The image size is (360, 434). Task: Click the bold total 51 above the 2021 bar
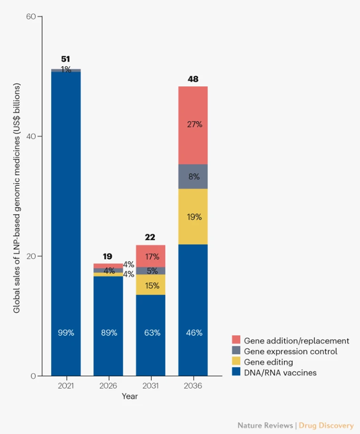[x=66, y=59]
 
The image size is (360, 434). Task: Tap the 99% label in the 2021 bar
[x=66, y=333]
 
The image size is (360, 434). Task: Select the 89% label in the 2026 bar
[x=109, y=333]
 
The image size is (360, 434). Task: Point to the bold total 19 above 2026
[x=108, y=256]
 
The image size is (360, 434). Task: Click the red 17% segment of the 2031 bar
[x=151, y=256]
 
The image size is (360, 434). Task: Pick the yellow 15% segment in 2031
[x=151, y=284]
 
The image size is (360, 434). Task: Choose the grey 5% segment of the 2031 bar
[x=151, y=271]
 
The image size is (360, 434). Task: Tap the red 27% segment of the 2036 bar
[x=193, y=125]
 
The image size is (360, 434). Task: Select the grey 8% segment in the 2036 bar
[x=193, y=176]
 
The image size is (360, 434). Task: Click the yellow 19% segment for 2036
[x=193, y=217]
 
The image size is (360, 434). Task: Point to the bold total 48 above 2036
[x=193, y=79]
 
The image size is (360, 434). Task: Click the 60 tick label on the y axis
[x=31, y=17]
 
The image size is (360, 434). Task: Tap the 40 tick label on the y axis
[x=31, y=136]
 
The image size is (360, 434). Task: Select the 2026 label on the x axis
[x=109, y=386]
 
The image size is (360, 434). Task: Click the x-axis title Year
[x=130, y=396]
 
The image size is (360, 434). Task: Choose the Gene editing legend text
[x=268, y=362]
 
